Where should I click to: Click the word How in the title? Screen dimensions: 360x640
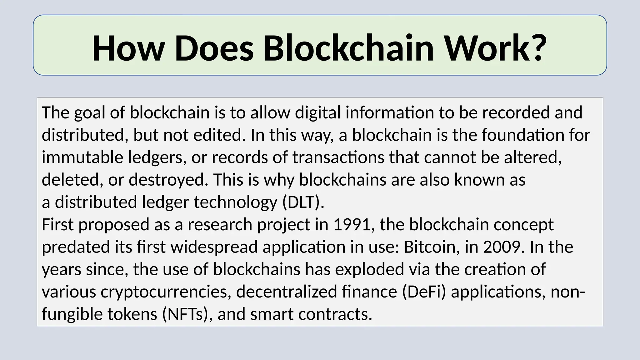(x=128, y=48)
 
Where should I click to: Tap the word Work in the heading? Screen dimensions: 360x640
(x=487, y=48)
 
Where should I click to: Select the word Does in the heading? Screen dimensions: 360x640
(x=214, y=48)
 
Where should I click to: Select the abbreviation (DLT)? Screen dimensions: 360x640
(x=303, y=202)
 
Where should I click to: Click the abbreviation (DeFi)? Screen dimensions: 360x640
(x=424, y=292)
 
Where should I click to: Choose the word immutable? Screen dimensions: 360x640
(x=82, y=157)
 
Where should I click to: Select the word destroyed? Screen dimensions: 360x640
(x=168, y=180)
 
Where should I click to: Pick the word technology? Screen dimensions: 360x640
(x=236, y=202)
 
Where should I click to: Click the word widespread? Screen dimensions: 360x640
(x=214, y=247)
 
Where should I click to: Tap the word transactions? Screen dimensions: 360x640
(x=338, y=157)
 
